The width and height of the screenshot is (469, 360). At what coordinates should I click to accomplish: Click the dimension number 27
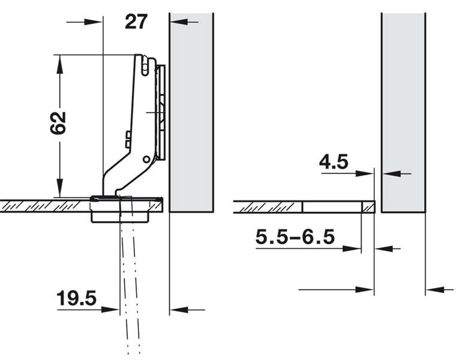pos(136,22)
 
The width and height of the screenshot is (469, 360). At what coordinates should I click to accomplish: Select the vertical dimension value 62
pos(58,123)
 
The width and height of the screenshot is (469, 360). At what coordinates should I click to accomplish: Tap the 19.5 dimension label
pos(77,298)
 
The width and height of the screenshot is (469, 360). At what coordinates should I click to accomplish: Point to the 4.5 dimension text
pos(334,162)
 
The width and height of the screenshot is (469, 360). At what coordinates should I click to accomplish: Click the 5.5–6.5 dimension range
pos(295,237)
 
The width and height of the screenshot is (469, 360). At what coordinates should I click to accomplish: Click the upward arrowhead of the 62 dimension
pos(60,64)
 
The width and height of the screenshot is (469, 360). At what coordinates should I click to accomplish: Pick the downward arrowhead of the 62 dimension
pos(60,188)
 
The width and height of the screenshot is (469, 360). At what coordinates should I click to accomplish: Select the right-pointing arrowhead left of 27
pos(94,22)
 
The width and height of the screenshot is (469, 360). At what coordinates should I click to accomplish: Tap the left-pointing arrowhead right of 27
pos(179,22)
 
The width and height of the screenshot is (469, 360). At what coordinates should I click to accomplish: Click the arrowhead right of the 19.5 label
pos(110,310)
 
